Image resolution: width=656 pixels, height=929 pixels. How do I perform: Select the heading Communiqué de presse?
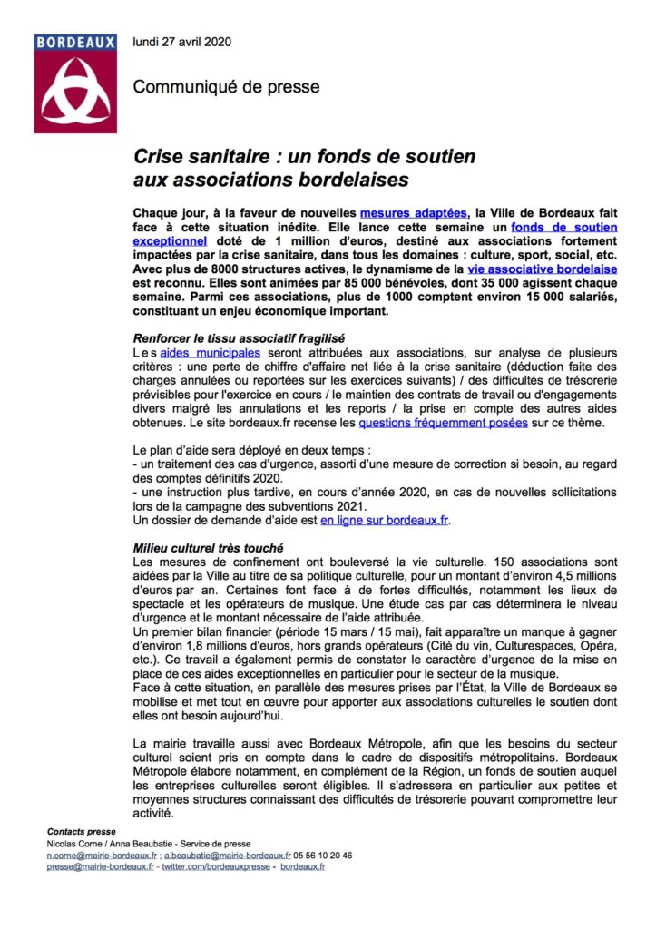click(226, 87)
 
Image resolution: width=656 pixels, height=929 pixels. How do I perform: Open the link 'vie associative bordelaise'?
click(543, 269)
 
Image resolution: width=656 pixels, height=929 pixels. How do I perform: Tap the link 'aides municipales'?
click(211, 351)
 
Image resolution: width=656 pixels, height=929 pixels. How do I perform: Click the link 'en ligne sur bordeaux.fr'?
click(385, 521)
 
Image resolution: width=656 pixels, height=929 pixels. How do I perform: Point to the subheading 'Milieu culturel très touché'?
click(208, 549)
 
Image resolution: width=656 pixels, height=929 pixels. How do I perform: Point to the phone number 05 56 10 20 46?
click(323, 855)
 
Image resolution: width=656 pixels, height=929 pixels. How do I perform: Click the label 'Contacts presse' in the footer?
click(81, 831)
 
